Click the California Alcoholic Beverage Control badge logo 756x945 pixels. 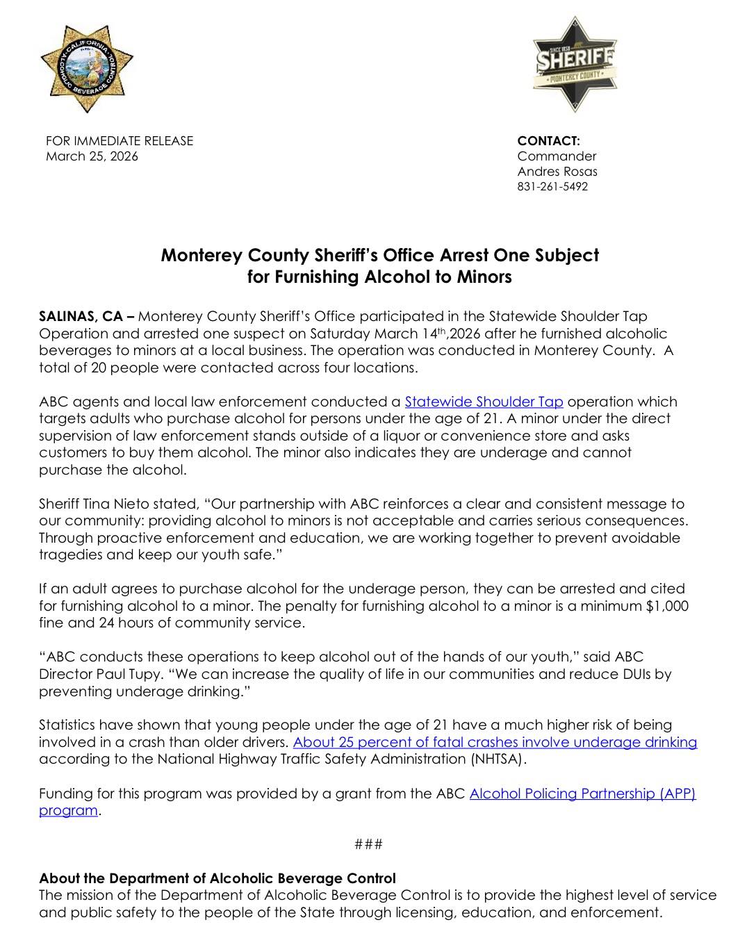pos(86,69)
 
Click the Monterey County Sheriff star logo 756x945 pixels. pos(574,65)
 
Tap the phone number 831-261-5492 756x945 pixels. pos(552,187)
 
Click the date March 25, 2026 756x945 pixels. pos(92,156)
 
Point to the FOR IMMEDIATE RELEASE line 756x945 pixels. pos(120,141)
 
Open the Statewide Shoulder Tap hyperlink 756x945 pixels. pos(484,402)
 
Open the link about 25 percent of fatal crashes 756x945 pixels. pos(495,742)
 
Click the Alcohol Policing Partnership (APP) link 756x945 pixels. pos(582,794)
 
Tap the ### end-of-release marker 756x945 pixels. pos(368,844)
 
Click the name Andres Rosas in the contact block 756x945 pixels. pos(557,172)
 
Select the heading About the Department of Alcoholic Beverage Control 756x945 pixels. pos(217,878)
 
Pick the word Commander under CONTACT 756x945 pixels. pos(557,156)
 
